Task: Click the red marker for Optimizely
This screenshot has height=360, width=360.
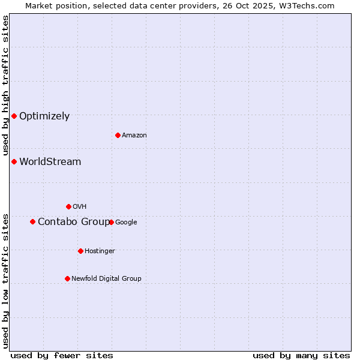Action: point(14,116)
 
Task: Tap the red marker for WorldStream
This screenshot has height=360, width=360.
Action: point(14,161)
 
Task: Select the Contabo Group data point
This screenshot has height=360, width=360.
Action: point(32,221)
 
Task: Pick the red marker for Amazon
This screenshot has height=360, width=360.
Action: point(118,135)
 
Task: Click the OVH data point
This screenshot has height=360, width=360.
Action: point(68,206)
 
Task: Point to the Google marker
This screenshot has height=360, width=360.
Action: point(111,222)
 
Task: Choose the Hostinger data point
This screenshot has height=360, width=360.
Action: point(80,251)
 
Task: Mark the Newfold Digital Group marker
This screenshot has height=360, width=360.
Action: point(67,278)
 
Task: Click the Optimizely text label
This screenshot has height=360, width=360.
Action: point(44,116)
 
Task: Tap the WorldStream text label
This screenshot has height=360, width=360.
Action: point(50,161)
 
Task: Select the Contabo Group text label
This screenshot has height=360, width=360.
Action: point(74,222)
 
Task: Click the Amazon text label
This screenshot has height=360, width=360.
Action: point(134,136)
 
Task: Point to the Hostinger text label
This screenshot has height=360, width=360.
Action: point(100,251)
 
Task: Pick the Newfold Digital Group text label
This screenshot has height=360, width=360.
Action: point(106,278)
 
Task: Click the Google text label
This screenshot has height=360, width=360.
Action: point(126,222)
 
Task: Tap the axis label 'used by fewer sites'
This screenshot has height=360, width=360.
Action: point(62,355)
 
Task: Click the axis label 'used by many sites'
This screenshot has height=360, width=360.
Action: point(301,355)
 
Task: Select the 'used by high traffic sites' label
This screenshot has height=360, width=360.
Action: point(6,85)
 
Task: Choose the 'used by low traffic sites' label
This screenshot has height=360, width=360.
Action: point(6,281)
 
